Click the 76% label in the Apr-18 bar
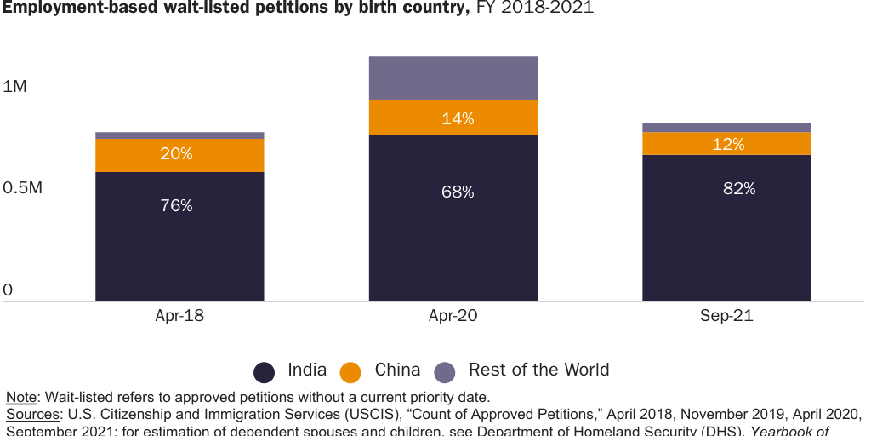176,205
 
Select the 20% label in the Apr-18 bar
176,154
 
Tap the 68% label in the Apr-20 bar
458,192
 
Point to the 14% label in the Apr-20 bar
458,119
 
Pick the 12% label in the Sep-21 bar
728,145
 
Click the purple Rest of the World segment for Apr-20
453,78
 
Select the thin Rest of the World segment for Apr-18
179,135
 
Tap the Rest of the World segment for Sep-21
726,127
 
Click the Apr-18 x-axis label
179,316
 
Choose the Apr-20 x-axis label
453,316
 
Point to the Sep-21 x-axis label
726,316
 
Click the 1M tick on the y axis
15,87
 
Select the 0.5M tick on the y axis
23,188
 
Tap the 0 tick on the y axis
8,290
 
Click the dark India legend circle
265,372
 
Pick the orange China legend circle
350,372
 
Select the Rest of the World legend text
538,370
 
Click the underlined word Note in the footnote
21,397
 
